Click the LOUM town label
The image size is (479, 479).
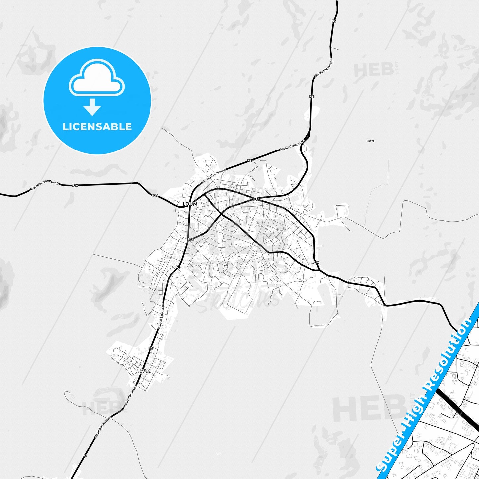click(x=190, y=204)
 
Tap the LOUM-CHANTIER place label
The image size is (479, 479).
click(x=144, y=371)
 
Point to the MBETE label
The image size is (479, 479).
click(x=370, y=141)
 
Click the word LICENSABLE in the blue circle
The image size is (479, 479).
click(x=97, y=127)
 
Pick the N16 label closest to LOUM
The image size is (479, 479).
click(x=155, y=196)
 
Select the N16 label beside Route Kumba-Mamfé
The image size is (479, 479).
click(x=75, y=185)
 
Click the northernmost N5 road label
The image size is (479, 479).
click(x=334, y=21)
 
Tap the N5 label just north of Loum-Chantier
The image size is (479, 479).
click(x=151, y=348)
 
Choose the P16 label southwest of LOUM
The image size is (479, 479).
click(x=190, y=239)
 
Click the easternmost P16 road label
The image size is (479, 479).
click(x=316, y=262)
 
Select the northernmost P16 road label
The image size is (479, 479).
click(x=256, y=199)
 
